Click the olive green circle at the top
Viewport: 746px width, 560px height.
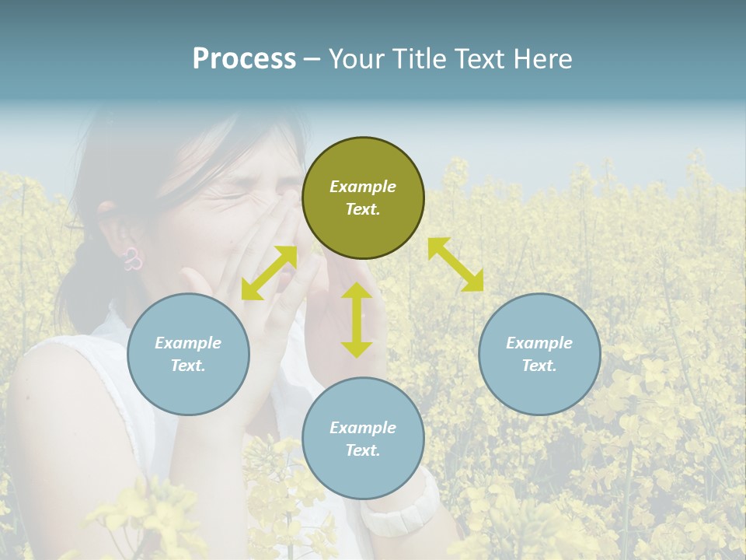click(x=363, y=198)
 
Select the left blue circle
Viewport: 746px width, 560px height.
click(x=188, y=354)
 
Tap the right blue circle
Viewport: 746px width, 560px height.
click(x=539, y=354)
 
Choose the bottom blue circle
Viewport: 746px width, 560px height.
click(x=363, y=439)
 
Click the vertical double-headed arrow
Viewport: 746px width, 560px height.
click(x=357, y=320)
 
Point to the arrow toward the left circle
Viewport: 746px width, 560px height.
click(x=269, y=272)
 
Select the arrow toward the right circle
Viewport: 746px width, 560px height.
click(x=455, y=264)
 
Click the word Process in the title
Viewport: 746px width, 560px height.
click(x=244, y=59)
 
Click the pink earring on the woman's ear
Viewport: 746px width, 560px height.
click(x=133, y=259)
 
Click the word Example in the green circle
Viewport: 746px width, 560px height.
click(x=363, y=187)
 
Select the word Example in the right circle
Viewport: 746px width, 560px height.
click(x=539, y=343)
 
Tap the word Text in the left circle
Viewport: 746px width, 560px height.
click(x=188, y=366)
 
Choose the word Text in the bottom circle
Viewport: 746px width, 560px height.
click(x=363, y=450)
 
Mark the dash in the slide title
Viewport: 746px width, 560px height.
click(x=312, y=59)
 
